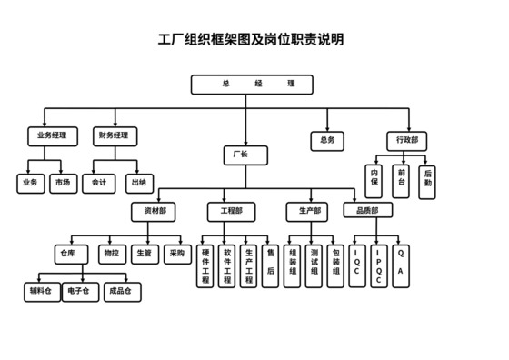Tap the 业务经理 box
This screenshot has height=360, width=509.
pos(52,136)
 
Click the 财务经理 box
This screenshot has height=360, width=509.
pos(114,136)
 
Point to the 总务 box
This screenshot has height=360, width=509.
pos(327,140)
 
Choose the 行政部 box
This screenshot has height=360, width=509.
pos(405,140)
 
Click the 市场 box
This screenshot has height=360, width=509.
pos(62,184)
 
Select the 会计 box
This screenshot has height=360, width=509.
pos(98,184)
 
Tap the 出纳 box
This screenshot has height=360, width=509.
pos(139,184)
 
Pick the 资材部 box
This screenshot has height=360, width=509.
pos(155,211)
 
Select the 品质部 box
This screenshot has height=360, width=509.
pos(368,211)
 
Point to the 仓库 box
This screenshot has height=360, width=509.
pos(69,254)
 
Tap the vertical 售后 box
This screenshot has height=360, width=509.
pos(270,265)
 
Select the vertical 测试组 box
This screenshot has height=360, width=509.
pos(314,265)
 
